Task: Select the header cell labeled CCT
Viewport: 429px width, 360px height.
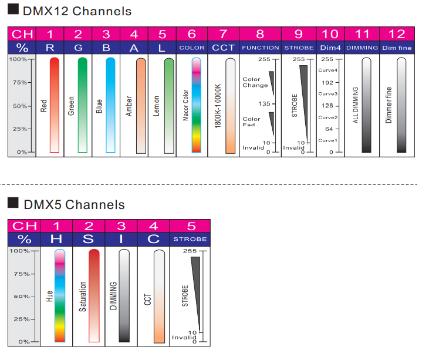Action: tap(223, 48)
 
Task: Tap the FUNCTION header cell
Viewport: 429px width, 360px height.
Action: tap(260, 48)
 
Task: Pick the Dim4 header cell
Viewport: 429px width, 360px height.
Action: tap(330, 48)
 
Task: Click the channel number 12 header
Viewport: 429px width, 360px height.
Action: tap(397, 34)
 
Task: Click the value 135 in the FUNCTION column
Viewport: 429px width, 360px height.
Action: tap(264, 104)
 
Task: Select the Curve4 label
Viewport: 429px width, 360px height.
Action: tap(327, 70)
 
